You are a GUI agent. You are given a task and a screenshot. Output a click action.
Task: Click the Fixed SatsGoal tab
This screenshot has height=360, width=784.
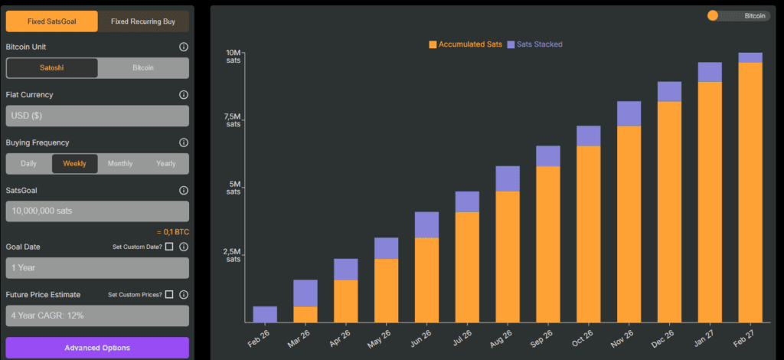[51, 21]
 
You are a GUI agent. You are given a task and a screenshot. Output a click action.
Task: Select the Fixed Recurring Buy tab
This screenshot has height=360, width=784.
[143, 21]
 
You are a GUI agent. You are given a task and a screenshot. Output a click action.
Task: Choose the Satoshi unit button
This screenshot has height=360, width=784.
[52, 67]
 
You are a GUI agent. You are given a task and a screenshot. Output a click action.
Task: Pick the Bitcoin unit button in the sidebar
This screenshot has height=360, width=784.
[143, 67]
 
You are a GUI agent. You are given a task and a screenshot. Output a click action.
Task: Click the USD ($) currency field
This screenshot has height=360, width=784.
[97, 116]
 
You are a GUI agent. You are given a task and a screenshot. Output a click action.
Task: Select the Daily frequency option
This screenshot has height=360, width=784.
[28, 163]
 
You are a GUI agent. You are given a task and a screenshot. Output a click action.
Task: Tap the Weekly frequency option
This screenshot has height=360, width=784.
[74, 163]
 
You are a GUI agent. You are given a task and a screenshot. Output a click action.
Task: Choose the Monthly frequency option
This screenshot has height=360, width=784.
[120, 163]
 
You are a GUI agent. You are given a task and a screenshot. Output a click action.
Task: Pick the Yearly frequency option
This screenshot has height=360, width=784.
[165, 163]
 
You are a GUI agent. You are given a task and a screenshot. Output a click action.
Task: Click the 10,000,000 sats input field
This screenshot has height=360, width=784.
[97, 211]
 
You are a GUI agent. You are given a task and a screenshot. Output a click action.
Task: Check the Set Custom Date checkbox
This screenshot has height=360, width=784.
[169, 247]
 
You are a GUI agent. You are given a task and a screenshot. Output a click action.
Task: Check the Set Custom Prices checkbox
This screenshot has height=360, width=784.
[169, 294]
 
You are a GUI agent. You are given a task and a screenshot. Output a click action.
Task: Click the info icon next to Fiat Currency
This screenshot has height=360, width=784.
[184, 95]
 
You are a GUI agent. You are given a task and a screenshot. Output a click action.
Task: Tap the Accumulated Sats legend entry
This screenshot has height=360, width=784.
[465, 44]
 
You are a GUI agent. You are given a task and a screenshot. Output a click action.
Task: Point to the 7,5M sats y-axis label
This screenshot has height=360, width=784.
[233, 120]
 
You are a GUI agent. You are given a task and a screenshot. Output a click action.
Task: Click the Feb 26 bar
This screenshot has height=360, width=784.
[265, 314]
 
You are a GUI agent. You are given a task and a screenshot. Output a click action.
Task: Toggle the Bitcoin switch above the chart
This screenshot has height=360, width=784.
[738, 15]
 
